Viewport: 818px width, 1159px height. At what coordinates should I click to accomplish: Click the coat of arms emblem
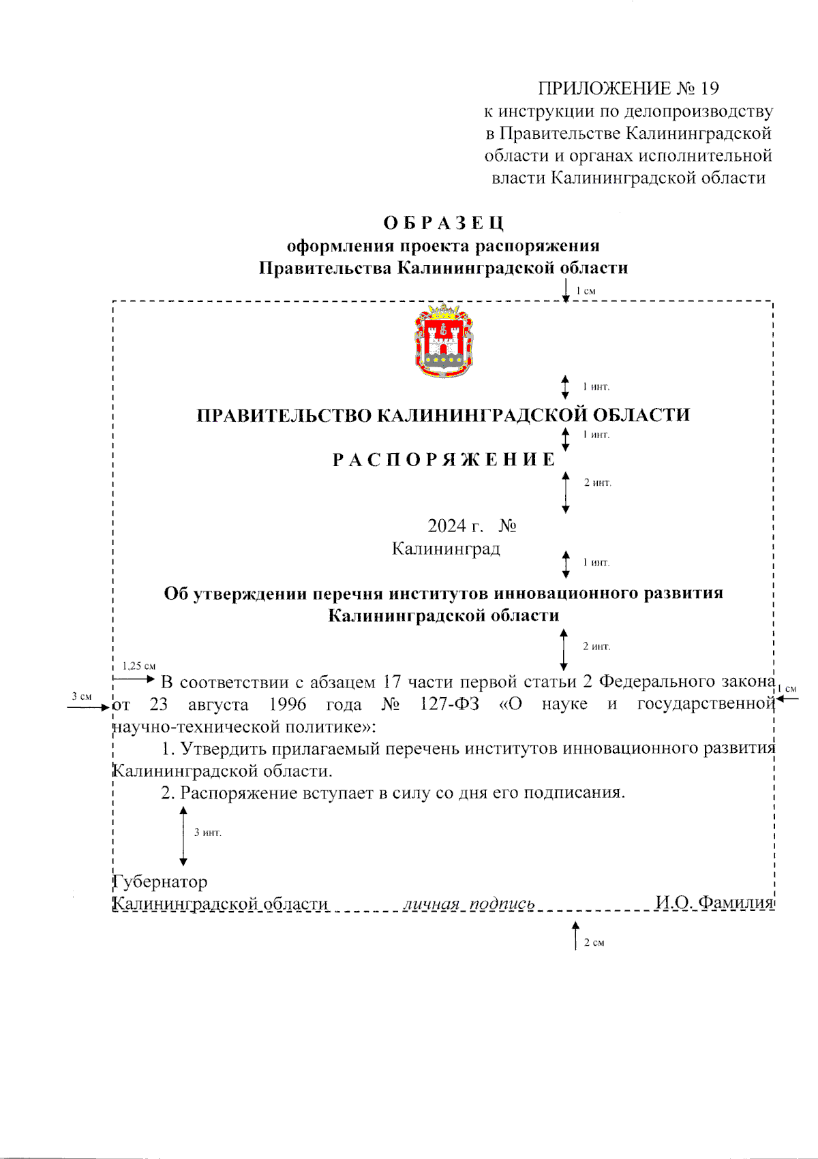tap(444, 341)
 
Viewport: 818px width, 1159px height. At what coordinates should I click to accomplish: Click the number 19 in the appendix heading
tap(710, 88)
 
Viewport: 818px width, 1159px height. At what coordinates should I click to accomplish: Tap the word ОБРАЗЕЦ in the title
tap(444, 223)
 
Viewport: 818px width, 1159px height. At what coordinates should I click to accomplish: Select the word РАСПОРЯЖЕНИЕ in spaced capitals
tap(444, 460)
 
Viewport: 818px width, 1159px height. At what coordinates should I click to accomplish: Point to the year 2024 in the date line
tap(446, 526)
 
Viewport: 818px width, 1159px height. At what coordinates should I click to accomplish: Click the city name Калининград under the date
tap(446, 548)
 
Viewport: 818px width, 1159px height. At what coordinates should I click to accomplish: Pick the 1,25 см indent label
tap(139, 666)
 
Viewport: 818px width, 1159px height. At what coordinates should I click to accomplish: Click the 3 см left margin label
tap(82, 696)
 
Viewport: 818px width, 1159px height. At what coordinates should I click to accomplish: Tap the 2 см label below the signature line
tap(594, 943)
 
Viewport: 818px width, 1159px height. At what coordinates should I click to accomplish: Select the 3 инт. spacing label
tap(208, 833)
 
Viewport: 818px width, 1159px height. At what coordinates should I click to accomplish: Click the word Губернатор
tap(160, 882)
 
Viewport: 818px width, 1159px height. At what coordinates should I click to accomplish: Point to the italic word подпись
tap(502, 904)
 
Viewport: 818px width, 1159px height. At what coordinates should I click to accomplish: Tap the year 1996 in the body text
tap(287, 704)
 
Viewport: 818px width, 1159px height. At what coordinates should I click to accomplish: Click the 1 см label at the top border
tap(586, 291)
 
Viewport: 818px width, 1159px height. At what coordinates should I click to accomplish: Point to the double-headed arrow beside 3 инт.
tap(183, 836)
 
